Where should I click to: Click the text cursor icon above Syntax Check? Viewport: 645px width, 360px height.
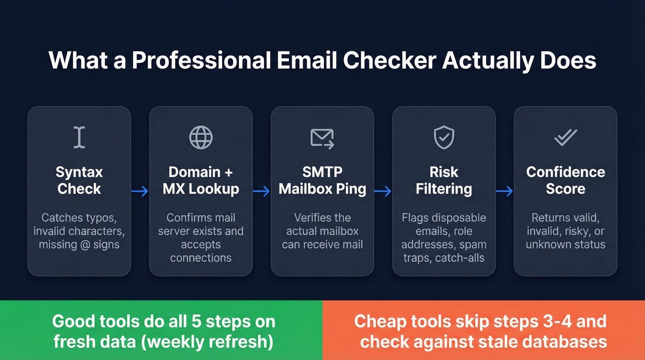[x=79, y=137]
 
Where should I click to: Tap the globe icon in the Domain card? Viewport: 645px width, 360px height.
[x=201, y=137]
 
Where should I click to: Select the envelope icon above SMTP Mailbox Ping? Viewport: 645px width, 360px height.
[x=322, y=138]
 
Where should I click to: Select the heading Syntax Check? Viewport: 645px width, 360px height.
[x=79, y=180]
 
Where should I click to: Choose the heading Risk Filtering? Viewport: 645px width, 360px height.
[x=444, y=180]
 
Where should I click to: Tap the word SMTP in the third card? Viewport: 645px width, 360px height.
[x=322, y=172]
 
